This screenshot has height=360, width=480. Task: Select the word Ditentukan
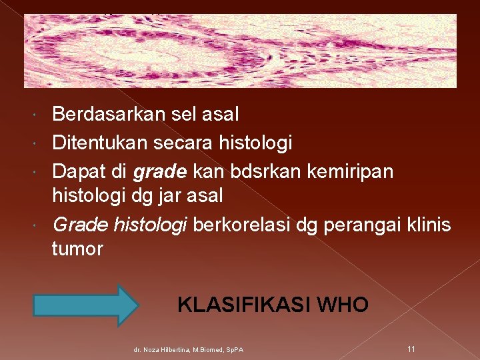[97, 143]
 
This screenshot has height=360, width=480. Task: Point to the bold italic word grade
[161, 172]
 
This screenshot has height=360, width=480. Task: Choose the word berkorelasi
[239, 225]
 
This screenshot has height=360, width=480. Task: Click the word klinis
[429, 225]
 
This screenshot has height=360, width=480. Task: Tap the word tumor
[77, 249]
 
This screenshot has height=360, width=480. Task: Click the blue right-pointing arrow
[85, 305]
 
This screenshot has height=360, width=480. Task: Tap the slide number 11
[411, 349]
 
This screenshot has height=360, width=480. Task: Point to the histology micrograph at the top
[240, 51]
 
